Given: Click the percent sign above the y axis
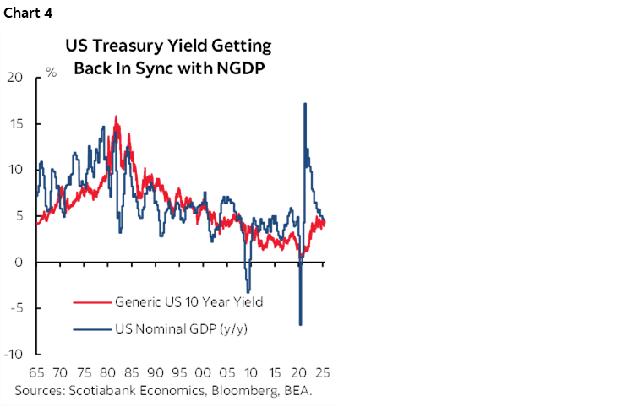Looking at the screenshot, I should [x=51, y=73].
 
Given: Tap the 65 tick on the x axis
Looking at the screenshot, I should [x=37, y=372].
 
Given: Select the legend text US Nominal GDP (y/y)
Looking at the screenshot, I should [x=185, y=329].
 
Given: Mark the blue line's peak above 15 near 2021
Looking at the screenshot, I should [x=304, y=104].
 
